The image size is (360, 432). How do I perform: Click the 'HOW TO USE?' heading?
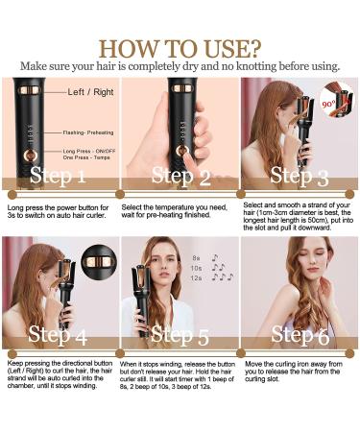[180, 47]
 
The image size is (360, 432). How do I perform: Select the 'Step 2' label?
[179, 175]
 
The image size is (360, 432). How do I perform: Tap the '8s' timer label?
[197, 257]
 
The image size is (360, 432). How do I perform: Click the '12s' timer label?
[198, 277]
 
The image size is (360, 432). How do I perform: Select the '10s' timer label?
[198, 268]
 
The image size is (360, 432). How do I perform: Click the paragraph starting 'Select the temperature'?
[179, 212]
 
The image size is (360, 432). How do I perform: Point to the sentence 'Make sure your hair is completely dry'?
[180, 65]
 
